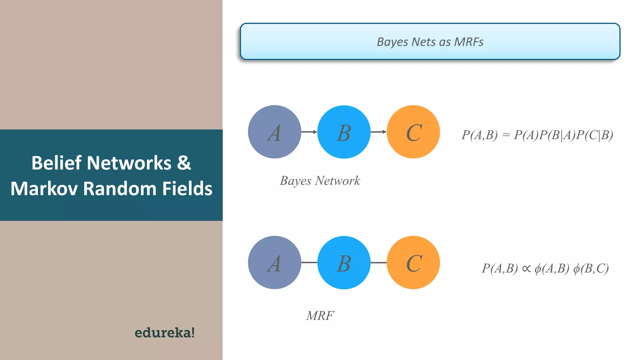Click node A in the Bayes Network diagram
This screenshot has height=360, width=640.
(x=274, y=132)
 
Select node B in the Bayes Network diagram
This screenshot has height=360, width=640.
(x=344, y=132)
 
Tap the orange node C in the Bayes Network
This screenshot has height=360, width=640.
(x=413, y=132)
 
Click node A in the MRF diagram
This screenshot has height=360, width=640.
(x=274, y=262)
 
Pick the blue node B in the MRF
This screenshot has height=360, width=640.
(x=344, y=262)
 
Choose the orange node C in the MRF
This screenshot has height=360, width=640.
(x=413, y=262)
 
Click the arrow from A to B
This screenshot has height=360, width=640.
(x=309, y=132)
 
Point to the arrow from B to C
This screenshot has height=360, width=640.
(x=378, y=132)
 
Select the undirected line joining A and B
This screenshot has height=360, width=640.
(x=309, y=262)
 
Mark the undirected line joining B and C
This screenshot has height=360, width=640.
(x=378, y=262)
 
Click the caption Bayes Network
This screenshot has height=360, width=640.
(x=320, y=181)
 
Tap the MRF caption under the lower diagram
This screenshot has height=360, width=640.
(x=320, y=316)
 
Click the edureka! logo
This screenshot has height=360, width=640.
(x=164, y=332)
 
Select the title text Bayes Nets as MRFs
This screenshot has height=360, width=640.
(x=430, y=42)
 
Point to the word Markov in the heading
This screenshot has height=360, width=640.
(x=44, y=189)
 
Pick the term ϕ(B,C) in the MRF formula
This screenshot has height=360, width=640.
(x=591, y=268)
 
